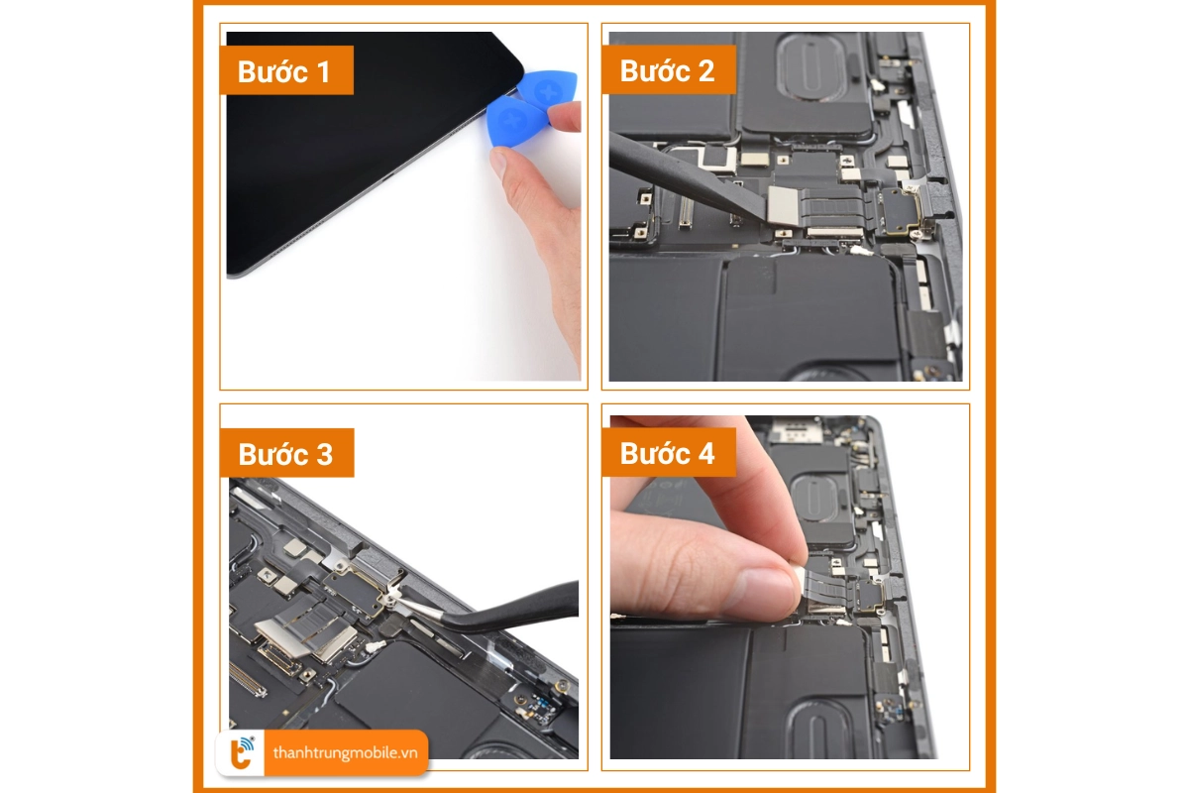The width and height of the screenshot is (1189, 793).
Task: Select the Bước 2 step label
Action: (666, 71)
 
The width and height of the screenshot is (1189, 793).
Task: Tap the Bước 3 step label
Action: (285, 454)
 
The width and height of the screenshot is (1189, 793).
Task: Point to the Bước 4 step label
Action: (666, 454)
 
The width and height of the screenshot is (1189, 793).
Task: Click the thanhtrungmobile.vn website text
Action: (345, 753)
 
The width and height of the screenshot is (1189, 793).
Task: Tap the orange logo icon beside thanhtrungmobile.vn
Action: (242, 753)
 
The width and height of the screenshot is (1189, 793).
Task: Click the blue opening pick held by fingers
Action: (513, 123)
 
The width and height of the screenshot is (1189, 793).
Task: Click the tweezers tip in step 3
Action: (394, 598)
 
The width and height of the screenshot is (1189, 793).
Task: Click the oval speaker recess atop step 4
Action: (817, 497)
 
